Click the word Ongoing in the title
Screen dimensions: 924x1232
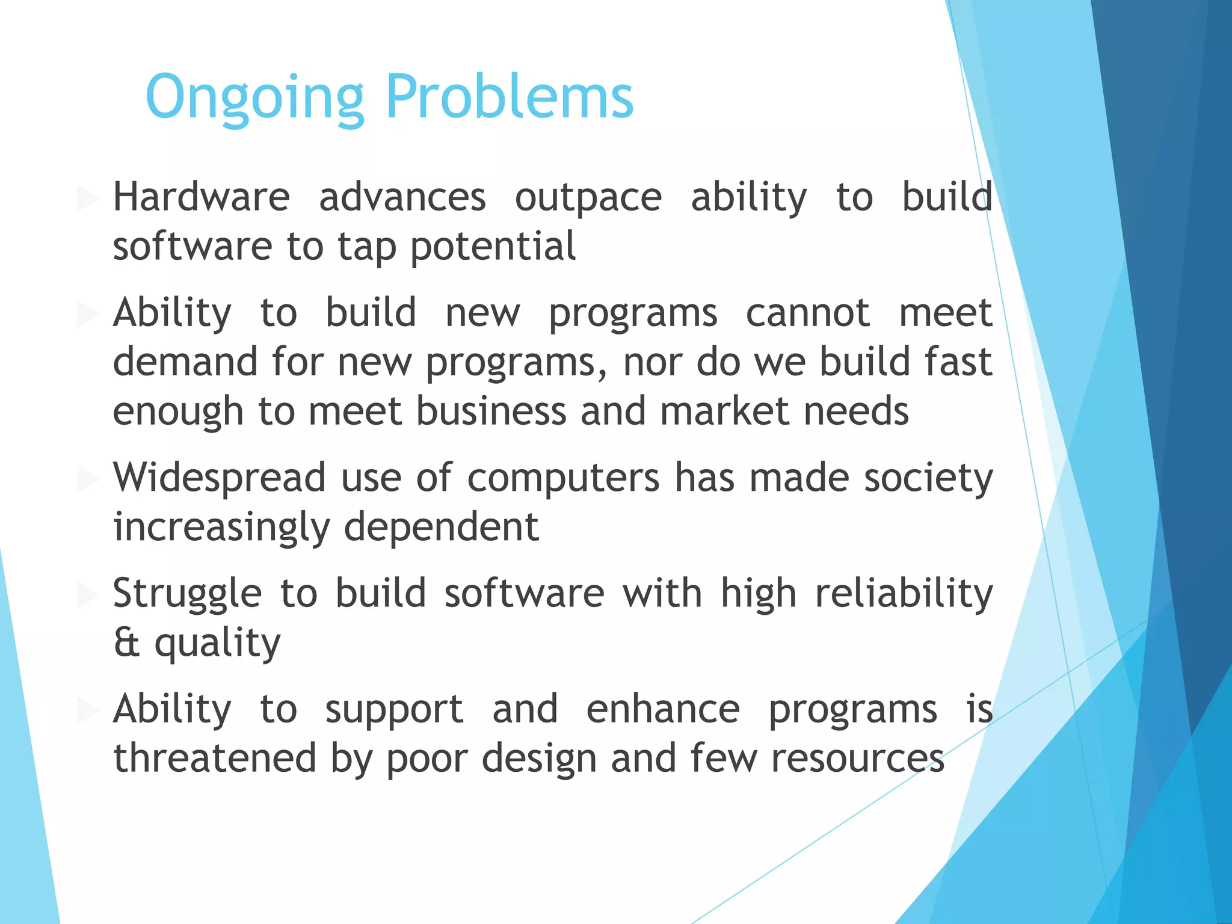pos(254,97)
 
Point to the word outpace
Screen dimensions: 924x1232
pos(588,198)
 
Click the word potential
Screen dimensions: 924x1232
pos(493,247)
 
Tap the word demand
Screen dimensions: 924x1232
pos(185,362)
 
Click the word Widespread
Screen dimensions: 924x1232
pos(220,478)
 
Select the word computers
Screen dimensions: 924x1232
pos(563,479)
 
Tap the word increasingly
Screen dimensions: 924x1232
pos(221,528)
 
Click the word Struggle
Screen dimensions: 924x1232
pos(187,594)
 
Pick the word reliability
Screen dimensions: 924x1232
pos(904,594)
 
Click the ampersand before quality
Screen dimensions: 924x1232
pos(126,642)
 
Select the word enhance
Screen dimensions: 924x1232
pos(663,709)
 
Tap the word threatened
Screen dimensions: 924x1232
pos(215,759)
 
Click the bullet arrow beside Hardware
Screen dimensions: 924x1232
pos(88,198)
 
